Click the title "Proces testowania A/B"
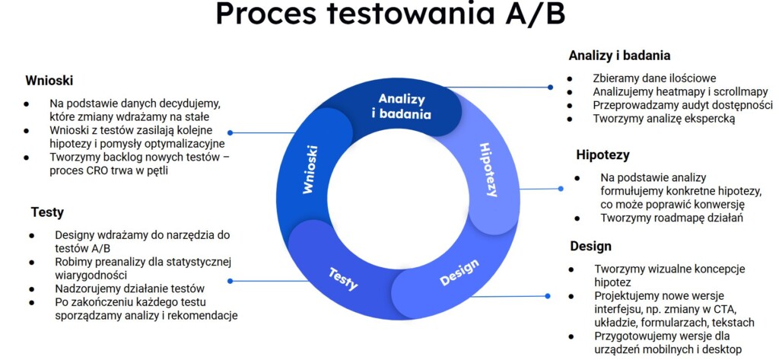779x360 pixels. coord(390,14)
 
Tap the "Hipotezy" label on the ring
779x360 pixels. coord(488,170)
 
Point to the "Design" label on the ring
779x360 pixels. coord(459,272)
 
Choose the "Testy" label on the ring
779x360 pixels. coord(343,279)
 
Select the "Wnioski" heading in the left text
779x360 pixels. coord(49,81)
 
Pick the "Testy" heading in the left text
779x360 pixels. coord(47,212)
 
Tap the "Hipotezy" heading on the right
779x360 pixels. coord(603,155)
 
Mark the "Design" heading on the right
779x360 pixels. coord(590,246)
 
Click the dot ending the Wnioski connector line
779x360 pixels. coord(230,132)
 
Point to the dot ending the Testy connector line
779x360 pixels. coord(230,281)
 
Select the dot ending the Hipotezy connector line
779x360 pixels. coord(561,189)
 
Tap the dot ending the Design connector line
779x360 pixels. coord(548,296)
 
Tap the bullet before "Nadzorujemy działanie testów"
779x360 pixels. coord(32,289)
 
